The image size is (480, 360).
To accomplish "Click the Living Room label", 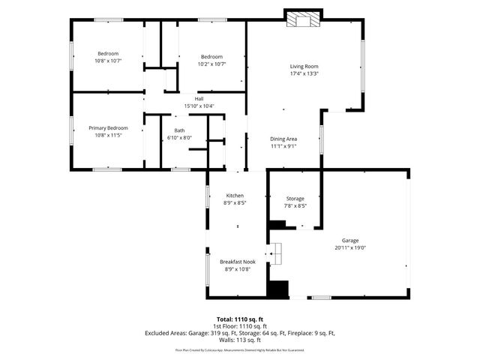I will [304, 67].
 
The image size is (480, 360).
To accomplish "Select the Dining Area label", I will [283, 139].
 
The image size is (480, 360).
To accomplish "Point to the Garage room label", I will [350, 241].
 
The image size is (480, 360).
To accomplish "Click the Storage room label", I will [295, 199].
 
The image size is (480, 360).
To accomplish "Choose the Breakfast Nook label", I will [237, 262].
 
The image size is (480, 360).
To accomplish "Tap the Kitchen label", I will [235, 196].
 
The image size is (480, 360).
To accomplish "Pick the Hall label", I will [199, 99].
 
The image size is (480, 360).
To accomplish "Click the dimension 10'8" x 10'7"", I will [109, 61].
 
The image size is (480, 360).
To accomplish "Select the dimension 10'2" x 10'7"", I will [211, 64].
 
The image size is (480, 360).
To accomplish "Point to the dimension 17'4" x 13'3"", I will [304, 73].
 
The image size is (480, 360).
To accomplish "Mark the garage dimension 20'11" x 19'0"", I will [350, 247].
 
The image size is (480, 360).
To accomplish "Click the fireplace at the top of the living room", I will [303, 19].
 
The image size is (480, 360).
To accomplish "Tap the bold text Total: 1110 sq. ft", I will [239, 319].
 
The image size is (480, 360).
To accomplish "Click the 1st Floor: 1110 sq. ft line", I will [239, 326].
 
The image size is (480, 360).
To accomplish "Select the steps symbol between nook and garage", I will [276, 254].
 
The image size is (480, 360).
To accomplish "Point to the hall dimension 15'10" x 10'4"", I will [199, 106].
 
